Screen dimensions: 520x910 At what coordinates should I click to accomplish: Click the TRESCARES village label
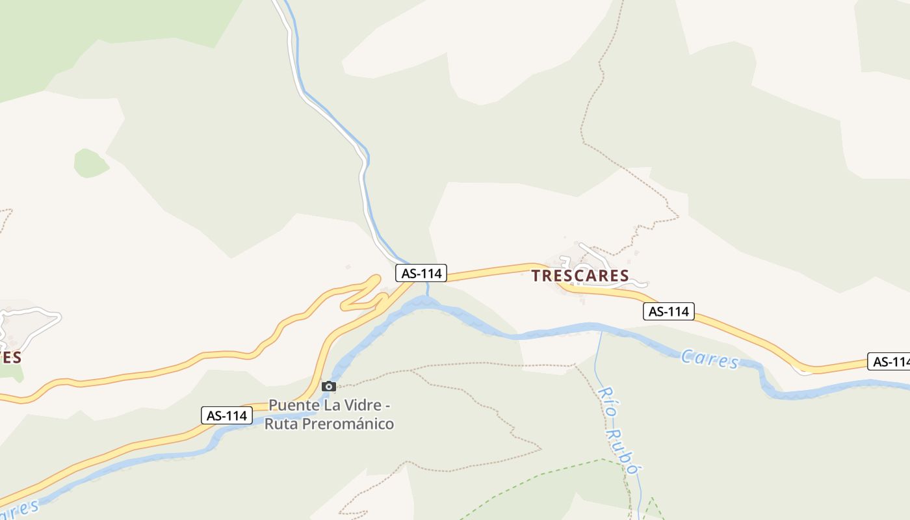[x=580, y=276]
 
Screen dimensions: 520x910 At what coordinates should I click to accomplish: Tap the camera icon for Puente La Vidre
[x=329, y=387]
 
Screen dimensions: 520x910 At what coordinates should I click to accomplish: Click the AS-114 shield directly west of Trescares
[x=421, y=274]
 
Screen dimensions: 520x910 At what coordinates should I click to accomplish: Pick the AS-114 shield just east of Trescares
[x=669, y=311]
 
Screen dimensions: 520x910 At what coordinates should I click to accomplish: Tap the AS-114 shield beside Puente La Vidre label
[x=226, y=415]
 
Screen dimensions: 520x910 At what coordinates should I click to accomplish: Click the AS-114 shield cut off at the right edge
[x=889, y=362]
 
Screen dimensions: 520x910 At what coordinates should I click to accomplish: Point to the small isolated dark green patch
[x=90, y=163]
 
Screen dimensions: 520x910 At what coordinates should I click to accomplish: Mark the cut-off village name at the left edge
[x=10, y=357]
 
